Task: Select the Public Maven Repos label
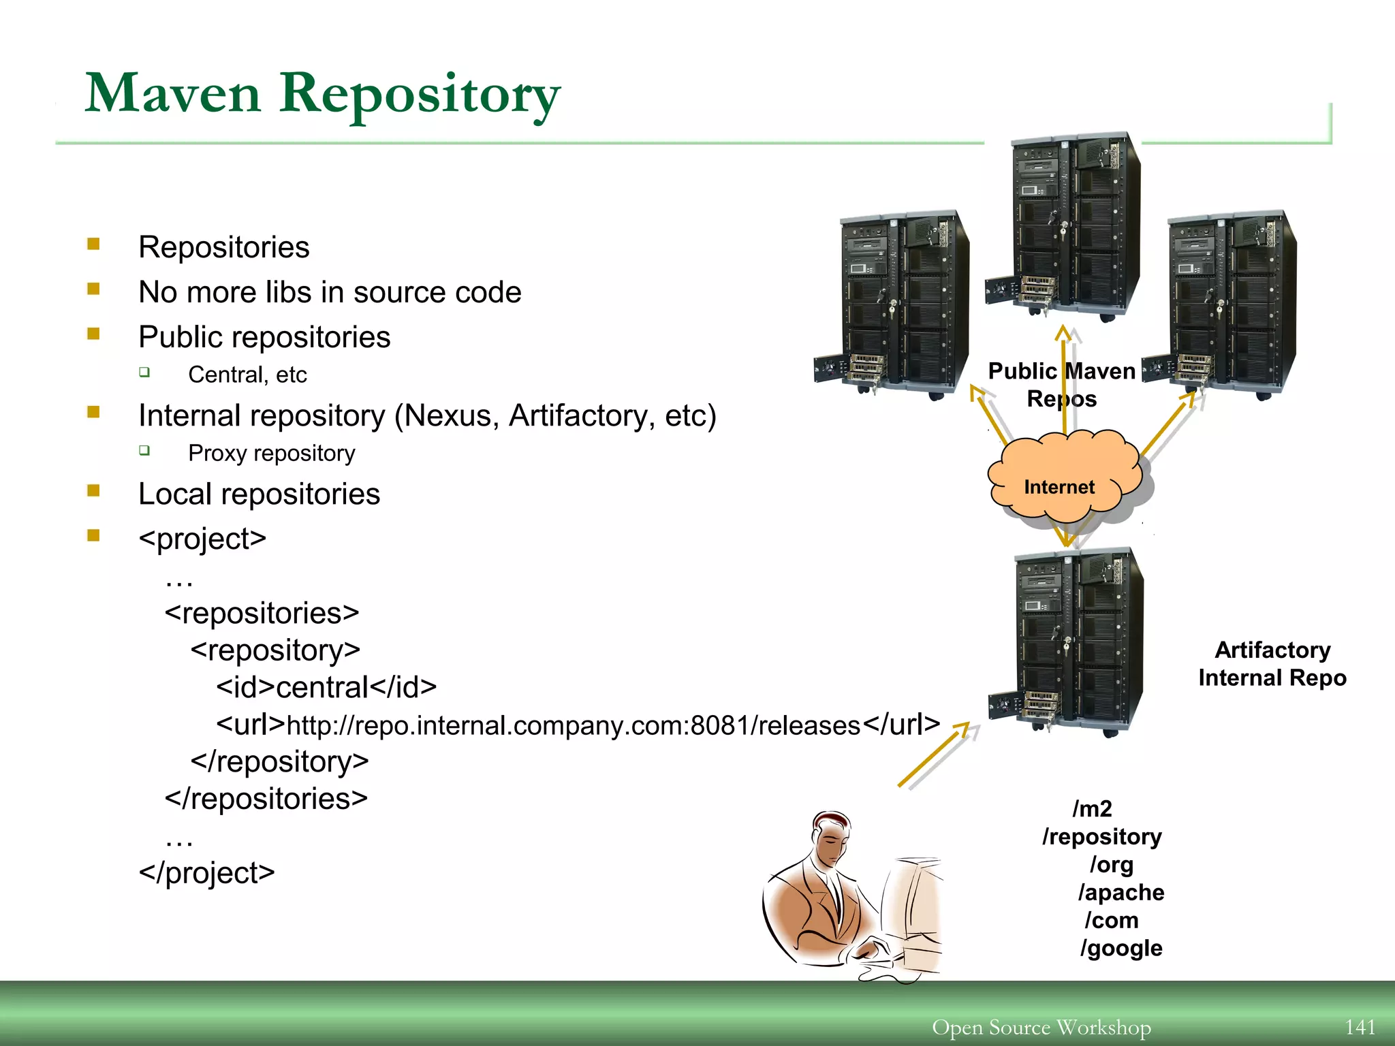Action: click(1061, 385)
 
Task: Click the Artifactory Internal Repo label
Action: click(1272, 664)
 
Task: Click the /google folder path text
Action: click(1121, 948)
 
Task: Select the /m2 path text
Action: click(1092, 808)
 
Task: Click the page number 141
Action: click(1360, 1027)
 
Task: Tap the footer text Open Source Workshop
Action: click(1041, 1027)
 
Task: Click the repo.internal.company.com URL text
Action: click(574, 726)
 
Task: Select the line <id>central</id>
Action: click(326, 687)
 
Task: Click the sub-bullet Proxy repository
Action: click(271, 453)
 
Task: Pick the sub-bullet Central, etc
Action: click(247, 375)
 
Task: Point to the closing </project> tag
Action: click(206, 873)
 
